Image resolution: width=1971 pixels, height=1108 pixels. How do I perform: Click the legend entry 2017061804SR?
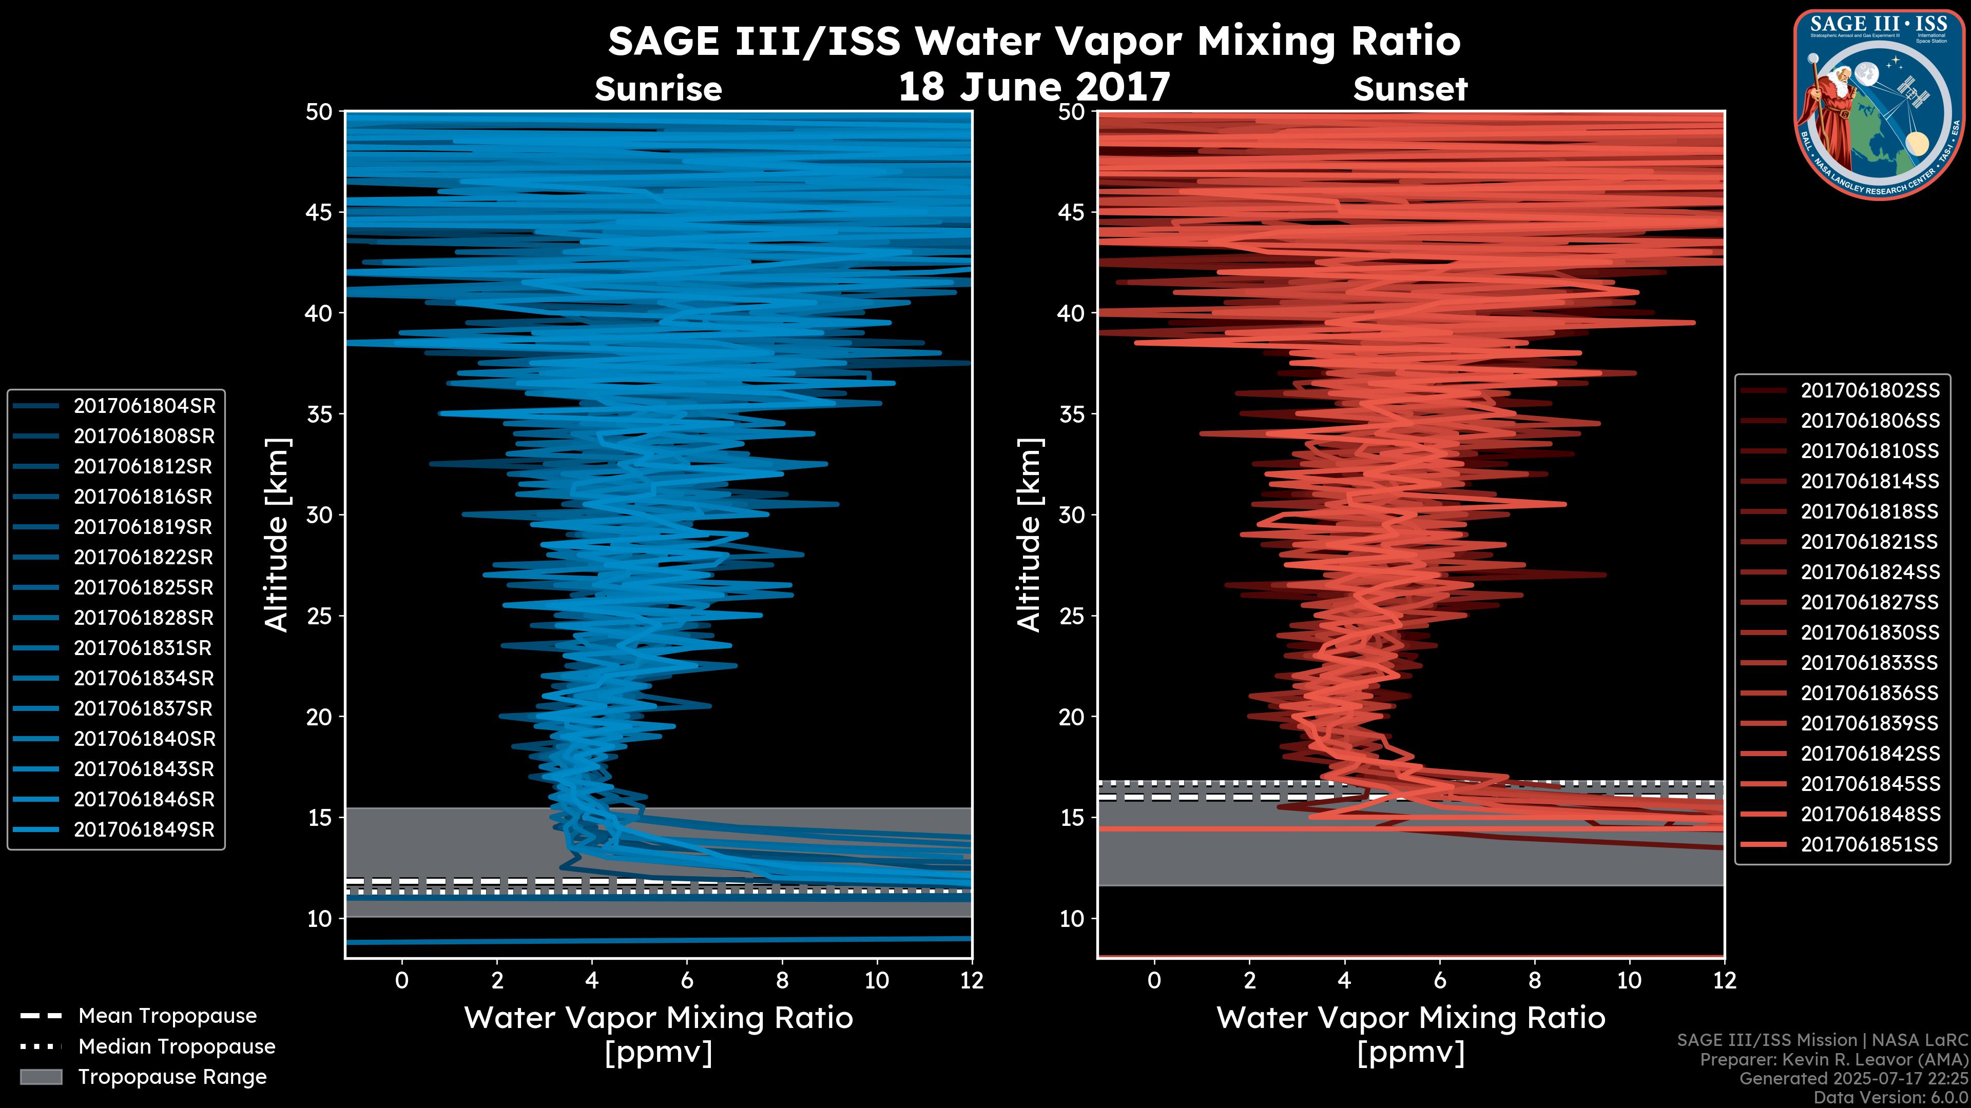point(144,406)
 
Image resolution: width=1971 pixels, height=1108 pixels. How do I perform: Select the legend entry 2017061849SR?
point(144,829)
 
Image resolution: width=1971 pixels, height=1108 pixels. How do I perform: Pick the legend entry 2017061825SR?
point(144,587)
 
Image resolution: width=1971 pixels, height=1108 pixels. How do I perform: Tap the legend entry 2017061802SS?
point(1869,391)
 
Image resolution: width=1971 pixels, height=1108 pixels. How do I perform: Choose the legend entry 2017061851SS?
point(1869,844)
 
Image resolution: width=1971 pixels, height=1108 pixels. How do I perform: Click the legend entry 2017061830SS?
point(1869,632)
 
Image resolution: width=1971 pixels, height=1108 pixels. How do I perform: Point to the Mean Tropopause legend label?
point(167,1016)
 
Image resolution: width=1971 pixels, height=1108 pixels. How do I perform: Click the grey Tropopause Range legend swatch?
point(41,1077)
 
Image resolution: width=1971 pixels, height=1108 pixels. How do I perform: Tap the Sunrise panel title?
point(658,89)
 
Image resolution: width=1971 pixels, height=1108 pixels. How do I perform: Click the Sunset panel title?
point(1410,89)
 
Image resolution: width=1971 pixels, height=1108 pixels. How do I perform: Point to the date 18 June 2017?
point(1034,86)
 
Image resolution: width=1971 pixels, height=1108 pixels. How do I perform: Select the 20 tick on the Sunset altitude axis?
point(1072,717)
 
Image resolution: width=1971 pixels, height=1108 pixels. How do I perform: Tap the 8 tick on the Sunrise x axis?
point(781,980)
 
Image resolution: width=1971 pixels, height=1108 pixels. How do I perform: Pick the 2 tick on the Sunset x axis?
point(1249,980)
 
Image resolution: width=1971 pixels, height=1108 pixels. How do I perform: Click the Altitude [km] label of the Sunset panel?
point(1030,535)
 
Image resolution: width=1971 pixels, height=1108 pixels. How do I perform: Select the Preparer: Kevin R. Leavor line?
point(1833,1060)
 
